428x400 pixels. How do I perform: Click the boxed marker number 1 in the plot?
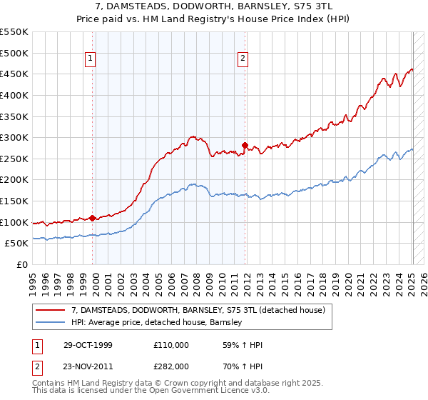click(x=92, y=59)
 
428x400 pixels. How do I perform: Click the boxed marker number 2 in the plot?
click(x=243, y=59)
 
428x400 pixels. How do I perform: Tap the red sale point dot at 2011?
click(x=244, y=145)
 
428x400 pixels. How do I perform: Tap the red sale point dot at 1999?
click(x=92, y=218)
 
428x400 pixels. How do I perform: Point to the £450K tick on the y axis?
click(x=14, y=74)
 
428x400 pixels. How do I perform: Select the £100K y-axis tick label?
click(x=14, y=222)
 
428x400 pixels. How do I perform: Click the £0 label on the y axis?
click(x=21, y=265)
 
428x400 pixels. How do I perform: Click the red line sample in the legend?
click(x=50, y=310)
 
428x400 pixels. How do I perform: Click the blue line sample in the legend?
click(x=50, y=322)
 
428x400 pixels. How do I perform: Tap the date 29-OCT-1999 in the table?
click(x=88, y=346)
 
